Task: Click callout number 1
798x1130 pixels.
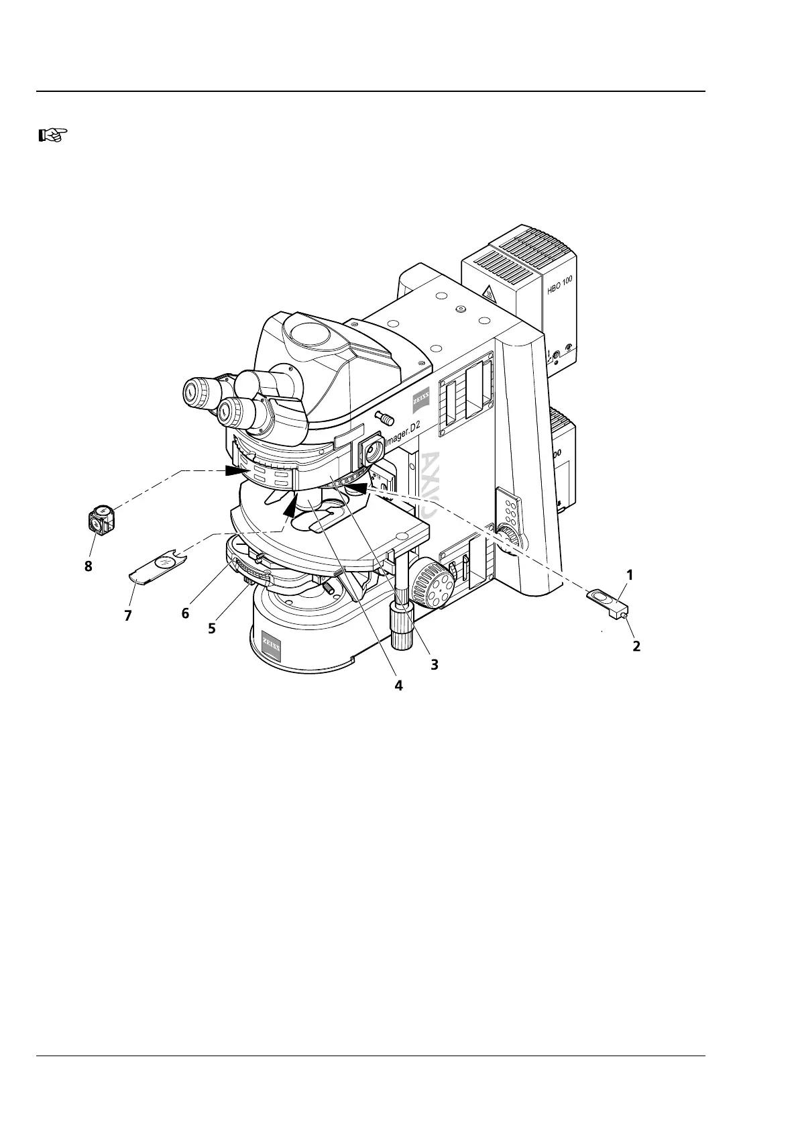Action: click(630, 575)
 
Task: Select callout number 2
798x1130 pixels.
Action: click(636, 646)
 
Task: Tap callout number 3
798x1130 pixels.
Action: click(434, 664)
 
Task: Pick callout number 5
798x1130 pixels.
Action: click(212, 629)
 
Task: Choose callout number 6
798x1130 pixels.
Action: click(185, 613)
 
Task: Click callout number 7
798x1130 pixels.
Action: click(128, 615)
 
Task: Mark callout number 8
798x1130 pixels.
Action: click(88, 566)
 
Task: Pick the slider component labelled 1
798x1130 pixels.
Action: click(607, 600)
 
